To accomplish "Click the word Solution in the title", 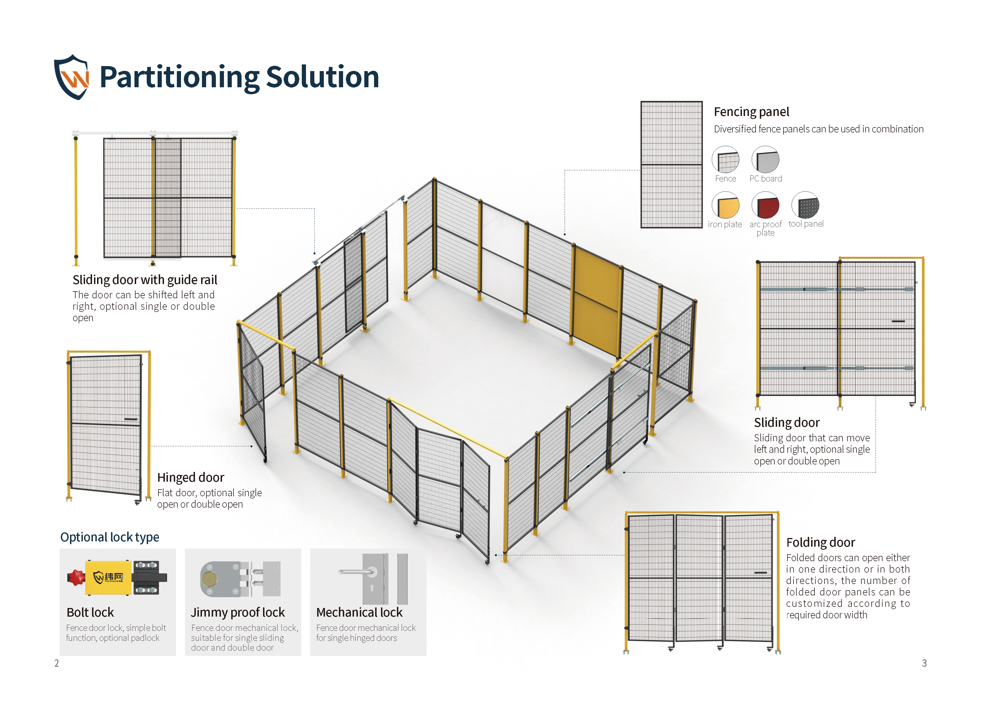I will (x=322, y=77).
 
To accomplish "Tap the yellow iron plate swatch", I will (x=725, y=206).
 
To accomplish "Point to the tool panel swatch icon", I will (x=805, y=206).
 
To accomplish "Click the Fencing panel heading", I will (x=751, y=112).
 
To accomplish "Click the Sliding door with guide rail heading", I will (x=145, y=280).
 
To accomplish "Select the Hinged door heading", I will (x=190, y=477).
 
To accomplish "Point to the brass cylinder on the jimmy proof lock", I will (x=209, y=579).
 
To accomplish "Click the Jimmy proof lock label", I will (x=238, y=612).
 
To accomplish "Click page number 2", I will (x=57, y=663).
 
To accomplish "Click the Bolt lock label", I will (x=90, y=612).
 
